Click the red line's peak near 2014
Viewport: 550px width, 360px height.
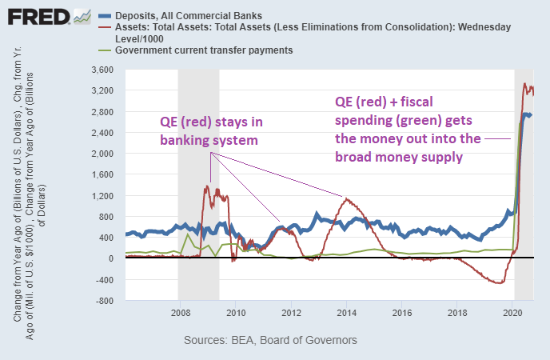point(346,198)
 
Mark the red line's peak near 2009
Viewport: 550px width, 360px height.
point(208,186)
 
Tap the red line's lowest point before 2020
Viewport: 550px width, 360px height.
point(500,283)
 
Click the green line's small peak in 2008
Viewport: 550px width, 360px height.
point(188,234)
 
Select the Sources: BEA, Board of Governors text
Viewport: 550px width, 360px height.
point(270,341)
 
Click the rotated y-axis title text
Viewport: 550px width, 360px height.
point(32,184)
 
